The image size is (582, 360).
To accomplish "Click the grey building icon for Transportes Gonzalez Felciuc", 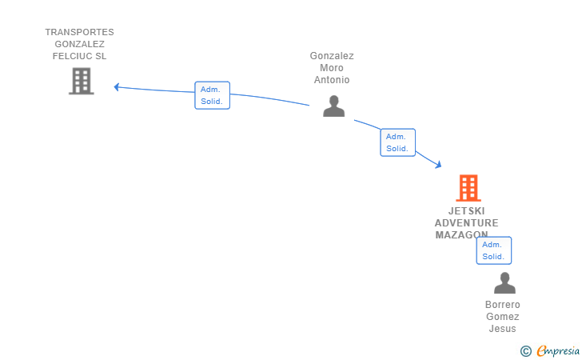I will [x=81, y=81].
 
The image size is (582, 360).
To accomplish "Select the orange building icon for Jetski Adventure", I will [x=468, y=188].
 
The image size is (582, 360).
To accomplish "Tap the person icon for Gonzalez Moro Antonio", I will [x=333, y=106].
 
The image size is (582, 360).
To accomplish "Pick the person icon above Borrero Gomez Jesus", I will [x=504, y=283].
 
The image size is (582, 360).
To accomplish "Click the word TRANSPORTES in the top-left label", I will [x=79, y=33].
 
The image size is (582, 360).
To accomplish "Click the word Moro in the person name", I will [x=332, y=68].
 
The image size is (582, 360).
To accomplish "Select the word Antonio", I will [x=332, y=80].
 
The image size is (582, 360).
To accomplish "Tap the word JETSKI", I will [x=467, y=211].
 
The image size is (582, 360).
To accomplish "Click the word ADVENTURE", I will [x=467, y=223].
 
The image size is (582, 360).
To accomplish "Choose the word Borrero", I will [x=503, y=305].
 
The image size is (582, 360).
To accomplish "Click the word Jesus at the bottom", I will [x=503, y=329].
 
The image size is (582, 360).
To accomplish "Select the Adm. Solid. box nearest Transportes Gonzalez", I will [x=212, y=95].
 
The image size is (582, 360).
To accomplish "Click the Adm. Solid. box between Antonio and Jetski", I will [x=397, y=142].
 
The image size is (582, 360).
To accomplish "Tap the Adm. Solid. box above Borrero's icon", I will [x=493, y=250].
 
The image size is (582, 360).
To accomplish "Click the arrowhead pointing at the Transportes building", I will [x=117, y=87].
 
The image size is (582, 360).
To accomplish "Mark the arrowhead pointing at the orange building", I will [x=438, y=165].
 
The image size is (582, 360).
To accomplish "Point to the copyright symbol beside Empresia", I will [x=525, y=350].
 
